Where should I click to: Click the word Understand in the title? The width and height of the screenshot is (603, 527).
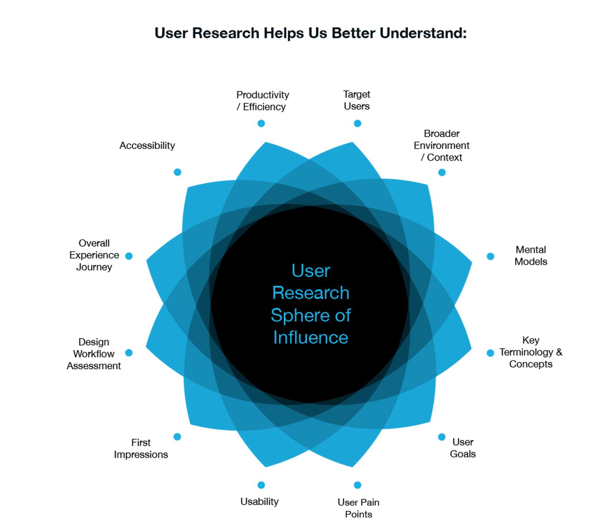[x=423, y=33]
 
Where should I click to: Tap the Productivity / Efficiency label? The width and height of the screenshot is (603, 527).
[x=262, y=101]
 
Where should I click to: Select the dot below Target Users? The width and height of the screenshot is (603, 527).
[x=357, y=123]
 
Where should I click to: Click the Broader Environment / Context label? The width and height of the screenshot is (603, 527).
[x=441, y=145]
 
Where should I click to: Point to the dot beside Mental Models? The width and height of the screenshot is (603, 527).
[x=490, y=256]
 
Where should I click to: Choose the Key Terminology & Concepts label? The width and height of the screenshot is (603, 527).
[x=530, y=352]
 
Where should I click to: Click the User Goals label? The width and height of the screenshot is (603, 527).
[x=463, y=448]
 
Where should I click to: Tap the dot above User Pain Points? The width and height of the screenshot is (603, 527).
[x=357, y=485]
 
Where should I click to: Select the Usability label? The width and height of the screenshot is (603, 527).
[x=260, y=502]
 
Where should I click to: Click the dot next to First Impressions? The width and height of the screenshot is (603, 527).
[x=177, y=437]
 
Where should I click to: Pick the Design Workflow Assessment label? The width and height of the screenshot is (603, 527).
[x=94, y=354]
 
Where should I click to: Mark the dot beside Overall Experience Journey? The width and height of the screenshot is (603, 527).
[x=129, y=256]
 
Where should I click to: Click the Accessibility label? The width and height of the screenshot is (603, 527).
[x=147, y=145]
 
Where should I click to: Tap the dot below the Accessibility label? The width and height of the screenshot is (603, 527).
[x=177, y=172]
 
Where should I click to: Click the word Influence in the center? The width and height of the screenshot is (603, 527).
[x=310, y=338]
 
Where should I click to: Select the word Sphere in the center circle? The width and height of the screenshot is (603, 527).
[x=300, y=315]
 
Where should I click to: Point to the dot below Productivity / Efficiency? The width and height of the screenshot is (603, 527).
[x=261, y=123]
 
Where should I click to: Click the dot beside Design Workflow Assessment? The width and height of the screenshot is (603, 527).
[x=129, y=353]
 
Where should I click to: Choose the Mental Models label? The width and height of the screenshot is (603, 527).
[x=530, y=255]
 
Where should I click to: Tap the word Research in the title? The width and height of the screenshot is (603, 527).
[x=225, y=33]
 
